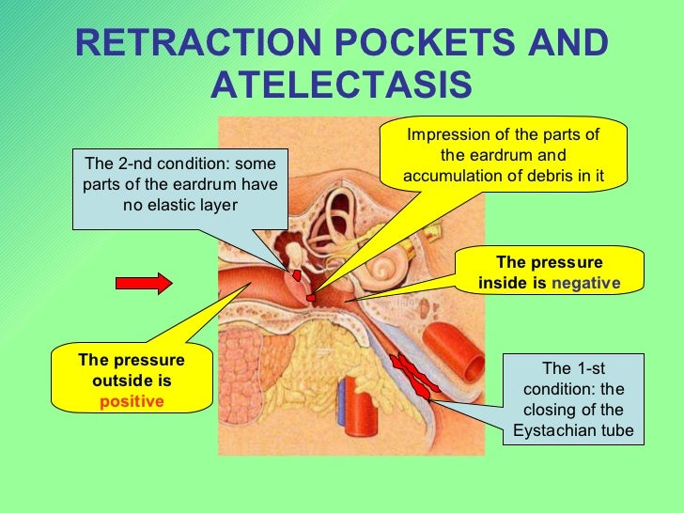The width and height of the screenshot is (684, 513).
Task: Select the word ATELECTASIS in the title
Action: click(x=341, y=86)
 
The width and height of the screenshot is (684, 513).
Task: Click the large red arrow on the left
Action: click(x=143, y=283)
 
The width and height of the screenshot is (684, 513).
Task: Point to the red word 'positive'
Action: click(x=132, y=401)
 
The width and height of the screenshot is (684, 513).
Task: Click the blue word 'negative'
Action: click(x=586, y=283)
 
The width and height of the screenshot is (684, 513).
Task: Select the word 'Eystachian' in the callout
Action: click(x=552, y=431)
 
